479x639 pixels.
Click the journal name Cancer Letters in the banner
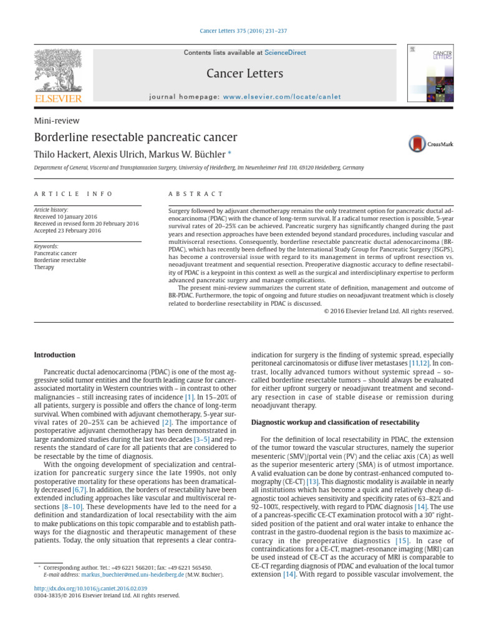pyautogui.click(x=244, y=74)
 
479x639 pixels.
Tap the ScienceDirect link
pyautogui.click(x=285, y=52)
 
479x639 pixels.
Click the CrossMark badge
pyautogui.click(x=430, y=144)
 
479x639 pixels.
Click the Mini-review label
pyautogui.click(x=56, y=121)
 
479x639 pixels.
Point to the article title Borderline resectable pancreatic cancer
pyautogui.click(x=135, y=137)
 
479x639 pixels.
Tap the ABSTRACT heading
pyautogui.click(x=196, y=194)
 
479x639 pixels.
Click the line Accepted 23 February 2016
pyautogui.click(x=67, y=230)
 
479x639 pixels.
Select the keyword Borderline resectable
pyautogui.click(x=60, y=260)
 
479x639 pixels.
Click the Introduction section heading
pyautogui.click(x=54, y=355)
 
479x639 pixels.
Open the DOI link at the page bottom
pyautogui.click(x=90, y=588)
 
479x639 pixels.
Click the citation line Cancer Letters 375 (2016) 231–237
pyautogui.click(x=239, y=31)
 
